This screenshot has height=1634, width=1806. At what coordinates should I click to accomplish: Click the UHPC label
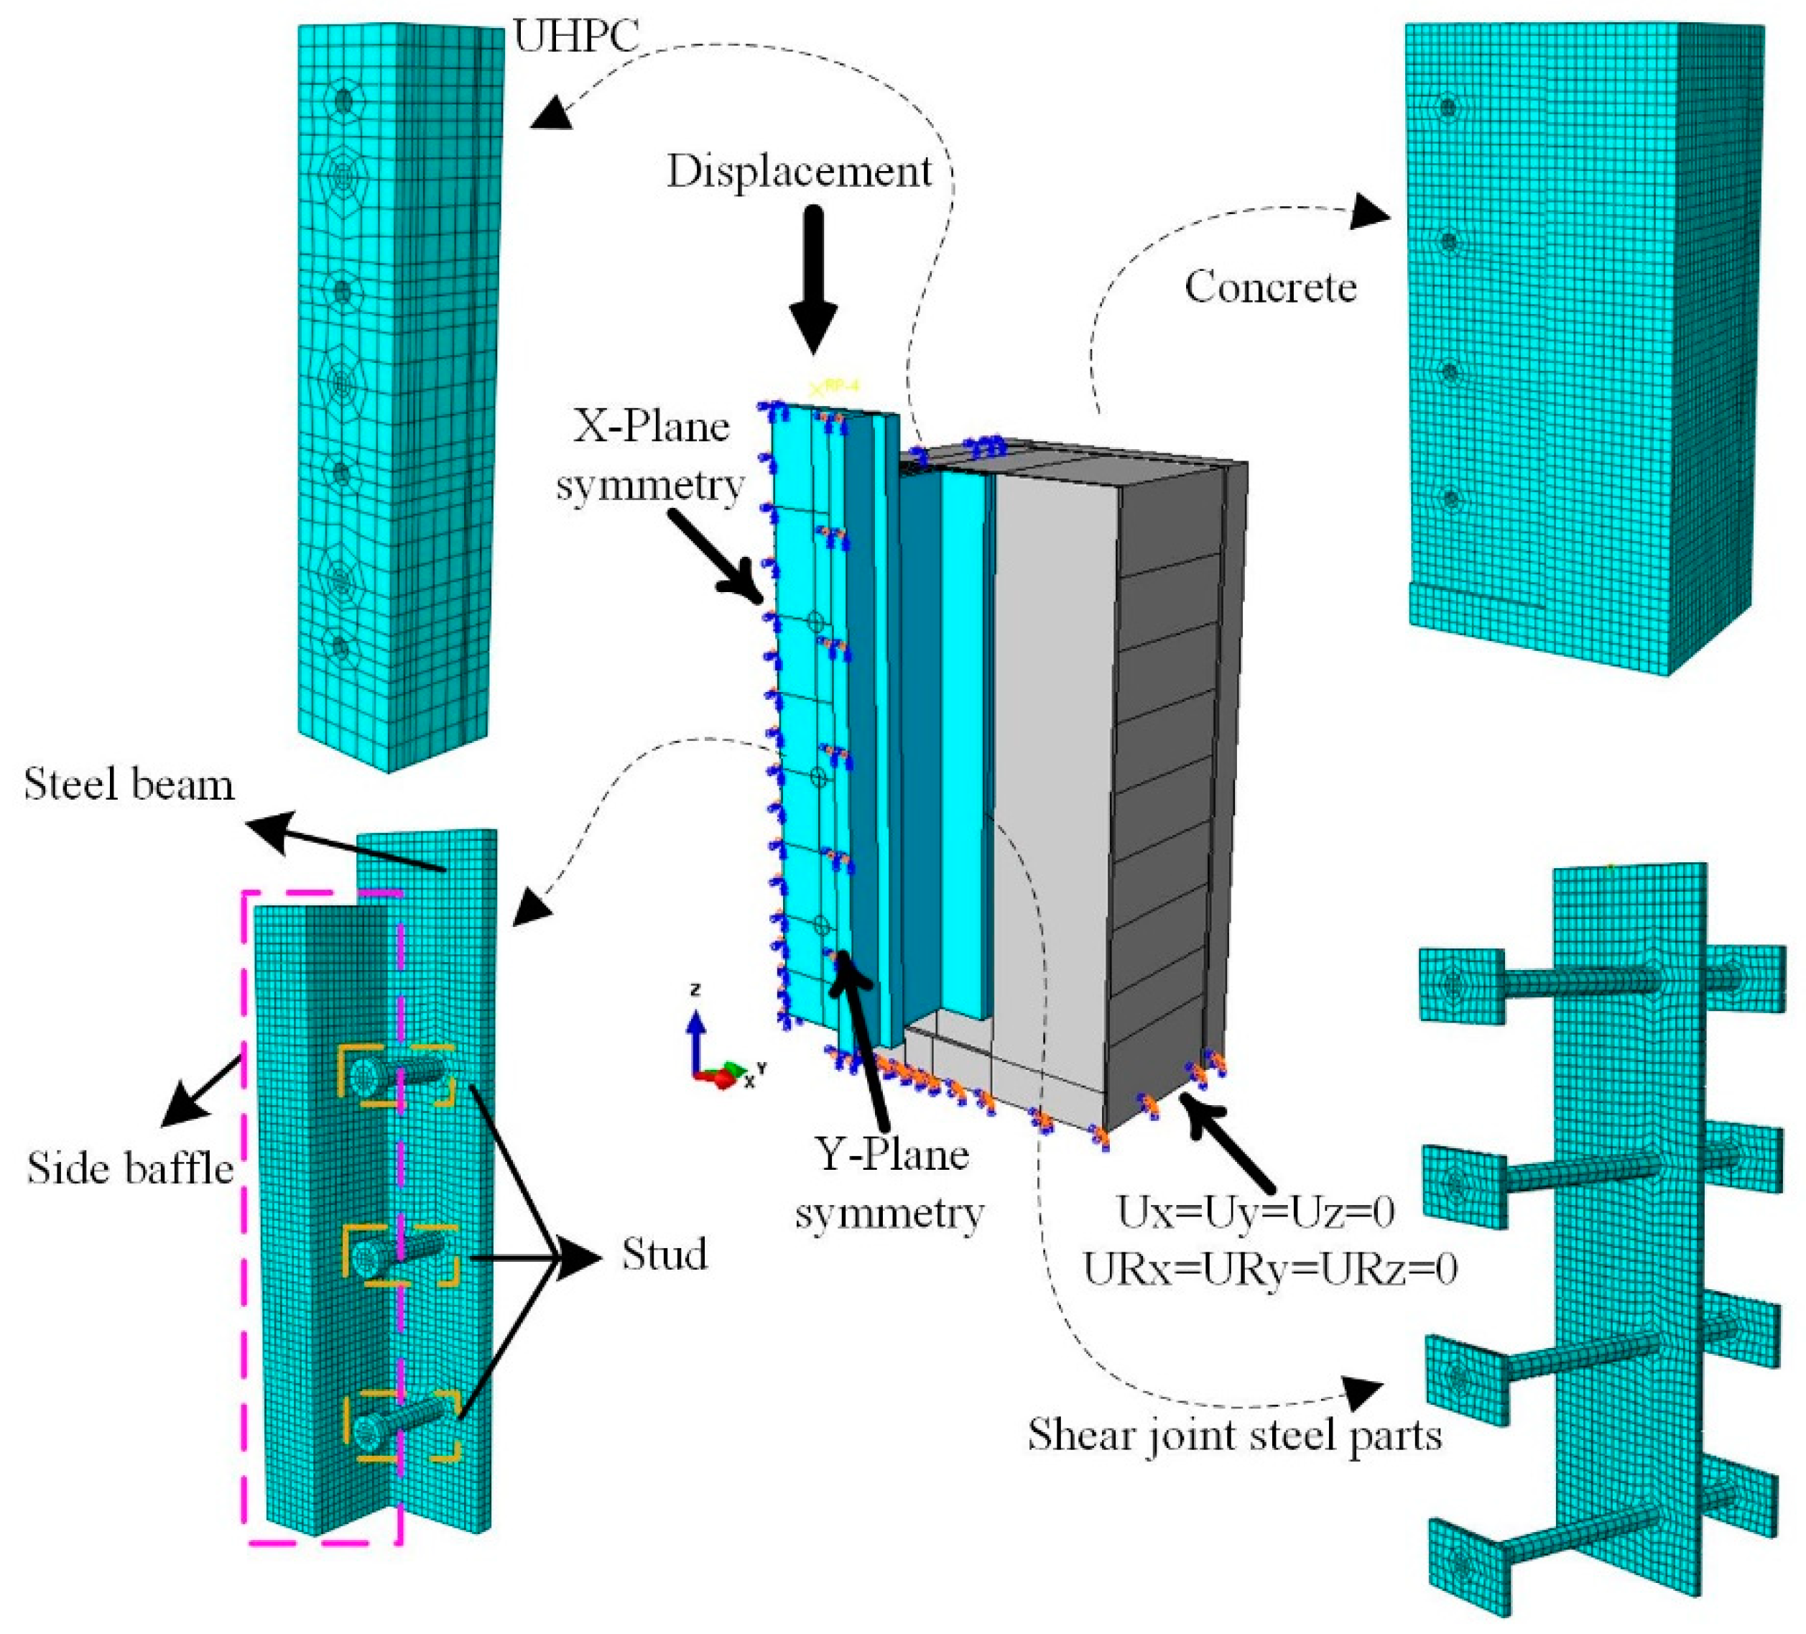point(576,37)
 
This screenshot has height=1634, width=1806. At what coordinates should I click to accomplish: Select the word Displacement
point(799,170)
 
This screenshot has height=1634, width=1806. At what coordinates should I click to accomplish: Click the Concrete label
point(1270,287)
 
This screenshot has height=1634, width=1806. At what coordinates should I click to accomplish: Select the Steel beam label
point(129,785)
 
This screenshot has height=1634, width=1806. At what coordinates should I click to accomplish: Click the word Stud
point(664,1254)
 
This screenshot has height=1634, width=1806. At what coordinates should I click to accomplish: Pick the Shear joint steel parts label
point(1234,1434)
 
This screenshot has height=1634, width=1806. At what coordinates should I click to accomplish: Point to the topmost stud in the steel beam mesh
point(394,1074)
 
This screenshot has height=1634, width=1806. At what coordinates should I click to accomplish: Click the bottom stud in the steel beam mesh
point(399,1423)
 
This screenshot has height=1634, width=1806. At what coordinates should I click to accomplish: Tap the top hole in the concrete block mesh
point(1448,108)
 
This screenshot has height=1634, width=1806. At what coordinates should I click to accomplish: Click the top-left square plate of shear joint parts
point(1461,985)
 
